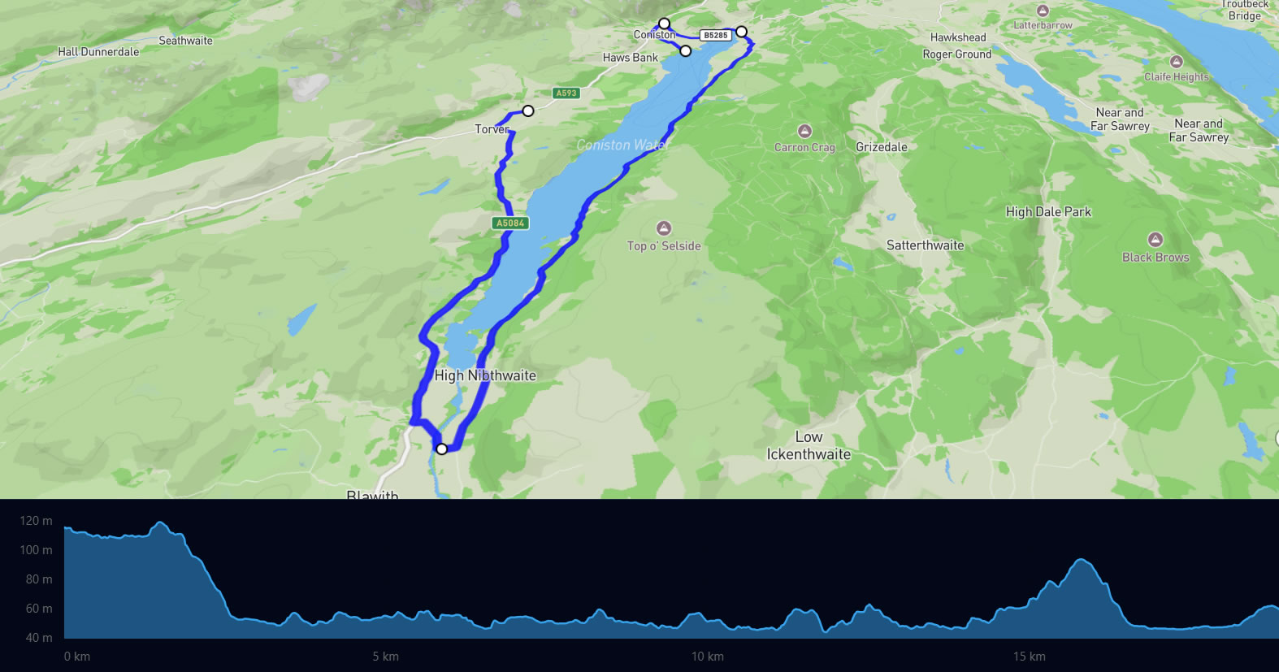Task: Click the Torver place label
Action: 492,129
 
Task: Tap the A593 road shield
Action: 566,93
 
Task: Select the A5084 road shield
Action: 510,223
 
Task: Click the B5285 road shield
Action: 716,35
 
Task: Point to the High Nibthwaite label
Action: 485,375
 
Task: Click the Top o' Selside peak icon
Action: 664,228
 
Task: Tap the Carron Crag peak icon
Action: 804,131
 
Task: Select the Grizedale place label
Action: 882,147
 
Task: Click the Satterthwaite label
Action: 925,245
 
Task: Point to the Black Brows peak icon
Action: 1155,240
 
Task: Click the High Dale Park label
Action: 1048,212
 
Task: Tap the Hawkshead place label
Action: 958,37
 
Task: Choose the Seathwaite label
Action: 185,41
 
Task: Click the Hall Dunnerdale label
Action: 98,52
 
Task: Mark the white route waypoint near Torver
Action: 528,111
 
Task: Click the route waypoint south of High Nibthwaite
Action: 441,449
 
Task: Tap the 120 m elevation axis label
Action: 36,521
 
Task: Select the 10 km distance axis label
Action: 708,657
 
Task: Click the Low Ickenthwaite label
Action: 809,445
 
